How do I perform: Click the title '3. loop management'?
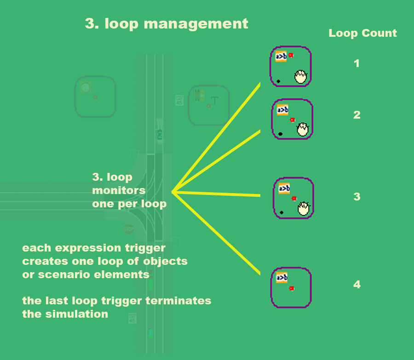pyautogui.click(x=167, y=23)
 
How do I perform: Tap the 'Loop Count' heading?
pyautogui.click(x=362, y=33)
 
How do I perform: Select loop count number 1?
pyautogui.click(x=356, y=63)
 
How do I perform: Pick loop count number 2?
pyautogui.click(x=356, y=115)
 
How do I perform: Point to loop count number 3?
pyautogui.click(x=356, y=197)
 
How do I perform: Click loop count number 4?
pyautogui.click(x=356, y=285)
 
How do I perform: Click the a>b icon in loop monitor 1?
pyautogui.click(x=281, y=57)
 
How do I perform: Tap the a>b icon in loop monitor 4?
pyautogui.click(x=282, y=278)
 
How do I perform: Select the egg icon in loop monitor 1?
pyautogui.click(x=301, y=76)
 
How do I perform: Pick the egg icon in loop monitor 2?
pyautogui.click(x=302, y=129)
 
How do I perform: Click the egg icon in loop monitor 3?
pyautogui.click(x=304, y=208)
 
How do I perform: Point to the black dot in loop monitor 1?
pyautogui.click(x=278, y=81)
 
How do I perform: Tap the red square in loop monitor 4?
pyautogui.click(x=292, y=288)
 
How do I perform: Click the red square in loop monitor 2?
pyautogui.click(x=292, y=120)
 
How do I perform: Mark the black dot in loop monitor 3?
pyautogui.click(x=281, y=212)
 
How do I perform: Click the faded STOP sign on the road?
pyautogui.click(x=128, y=229)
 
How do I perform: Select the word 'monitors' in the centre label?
pyautogui.click(x=119, y=190)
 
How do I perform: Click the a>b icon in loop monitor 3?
pyautogui.click(x=284, y=188)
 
